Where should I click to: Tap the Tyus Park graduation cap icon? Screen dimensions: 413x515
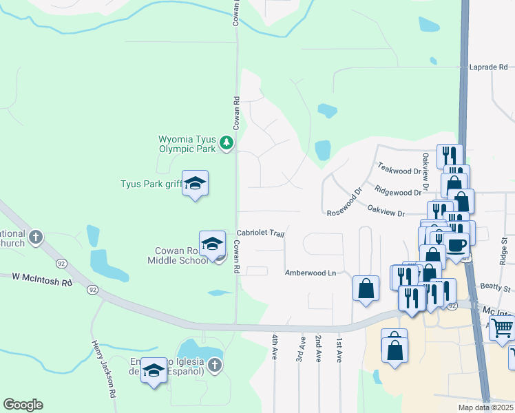[196, 183]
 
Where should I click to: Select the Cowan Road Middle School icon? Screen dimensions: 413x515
[213, 244]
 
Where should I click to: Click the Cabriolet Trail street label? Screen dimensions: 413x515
[261, 233]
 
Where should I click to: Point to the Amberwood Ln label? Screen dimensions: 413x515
[311, 273]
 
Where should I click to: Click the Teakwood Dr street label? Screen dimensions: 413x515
[399, 169]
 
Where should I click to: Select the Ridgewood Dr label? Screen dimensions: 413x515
[398, 189]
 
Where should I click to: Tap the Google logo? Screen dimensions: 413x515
[23, 405]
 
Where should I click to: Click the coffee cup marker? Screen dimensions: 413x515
[456, 244]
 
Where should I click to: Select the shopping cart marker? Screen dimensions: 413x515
[503, 329]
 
